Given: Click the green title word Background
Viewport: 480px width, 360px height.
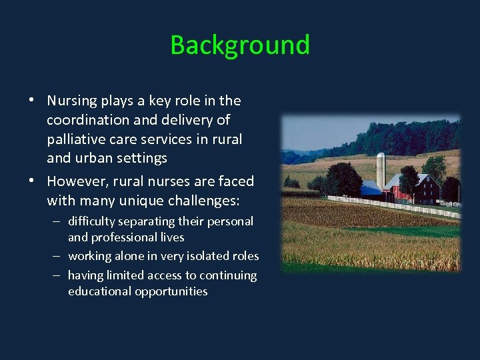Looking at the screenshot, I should pos(240,45).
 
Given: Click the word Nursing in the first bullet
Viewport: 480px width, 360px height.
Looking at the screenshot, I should pos(71,101).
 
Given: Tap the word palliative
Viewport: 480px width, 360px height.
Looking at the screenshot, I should pos(73,139).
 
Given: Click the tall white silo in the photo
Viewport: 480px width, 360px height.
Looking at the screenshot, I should pos(381,172).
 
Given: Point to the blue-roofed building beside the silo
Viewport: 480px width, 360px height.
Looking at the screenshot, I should pos(371,189).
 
